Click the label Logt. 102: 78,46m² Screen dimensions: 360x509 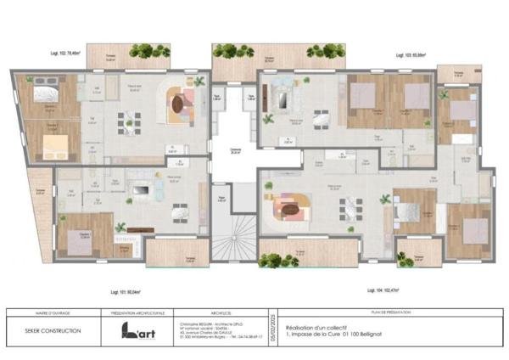[x=64, y=53]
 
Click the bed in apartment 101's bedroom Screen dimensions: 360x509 [x=80, y=233]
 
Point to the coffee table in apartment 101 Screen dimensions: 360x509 [x=140, y=188]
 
